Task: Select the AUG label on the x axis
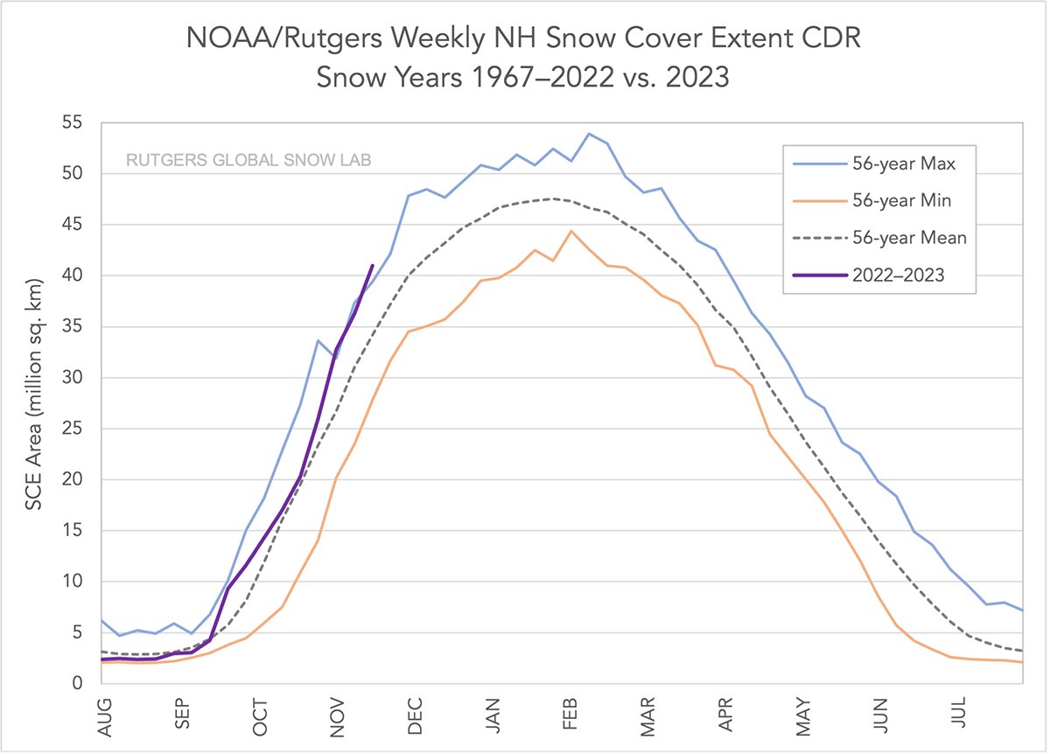click(x=105, y=716)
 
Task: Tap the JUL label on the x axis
click(x=960, y=715)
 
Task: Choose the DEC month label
click(x=416, y=715)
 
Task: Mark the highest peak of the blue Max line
click(x=589, y=134)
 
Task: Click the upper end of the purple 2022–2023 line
click(x=373, y=265)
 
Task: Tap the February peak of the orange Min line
click(x=571, y=231)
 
